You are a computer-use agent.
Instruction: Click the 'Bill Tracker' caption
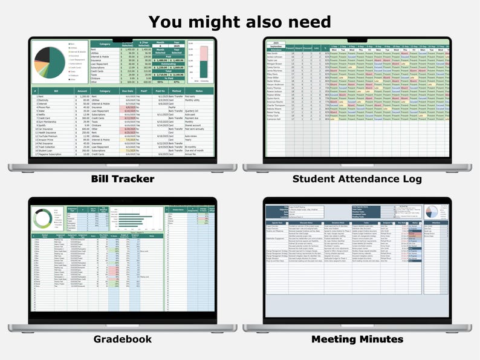pos(122,178)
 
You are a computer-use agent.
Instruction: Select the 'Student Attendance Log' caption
pos(357,178)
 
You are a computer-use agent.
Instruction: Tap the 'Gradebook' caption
pos(122,339)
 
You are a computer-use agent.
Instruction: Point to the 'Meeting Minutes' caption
pos(357,339)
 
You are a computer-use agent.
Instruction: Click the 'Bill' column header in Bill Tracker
pos(57,91)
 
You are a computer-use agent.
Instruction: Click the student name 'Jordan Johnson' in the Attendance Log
pos(276,57)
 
